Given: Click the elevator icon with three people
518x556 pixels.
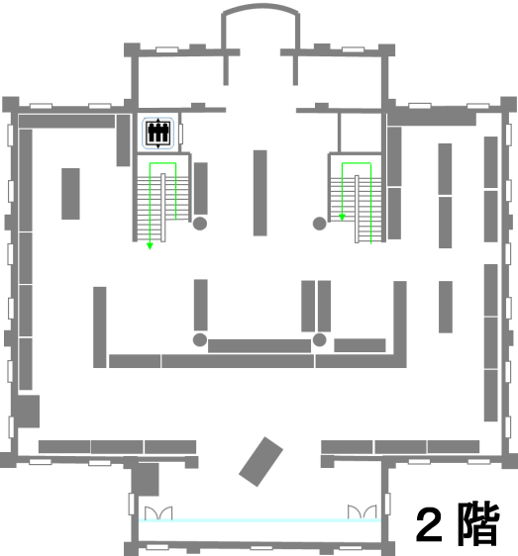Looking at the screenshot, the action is (x=158, y=133).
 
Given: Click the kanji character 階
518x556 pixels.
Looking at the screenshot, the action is (x=478, y=523).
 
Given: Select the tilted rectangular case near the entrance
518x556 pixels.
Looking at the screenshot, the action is (x=260, y=461).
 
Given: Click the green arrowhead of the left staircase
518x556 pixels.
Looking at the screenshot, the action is (x=150, y=246).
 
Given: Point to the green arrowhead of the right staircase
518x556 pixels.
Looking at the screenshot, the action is (x=342, y=218).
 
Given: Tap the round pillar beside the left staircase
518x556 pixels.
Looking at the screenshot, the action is (x=200, y=224).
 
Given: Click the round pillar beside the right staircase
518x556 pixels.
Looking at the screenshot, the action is (x=319, y=224).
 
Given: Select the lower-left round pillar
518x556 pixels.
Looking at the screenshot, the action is (x=200, y=339).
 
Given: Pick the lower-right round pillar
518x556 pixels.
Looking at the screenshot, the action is (x=319, y=339).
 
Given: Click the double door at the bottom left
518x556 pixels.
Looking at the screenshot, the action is (x=158, y=512).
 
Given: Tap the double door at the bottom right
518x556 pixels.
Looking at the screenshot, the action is (x=362, y=512).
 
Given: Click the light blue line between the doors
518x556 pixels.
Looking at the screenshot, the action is (x=259, y=520).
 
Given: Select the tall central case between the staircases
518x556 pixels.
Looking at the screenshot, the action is (x=259, y=193).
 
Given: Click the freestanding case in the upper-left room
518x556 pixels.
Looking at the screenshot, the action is (x=70, y=194).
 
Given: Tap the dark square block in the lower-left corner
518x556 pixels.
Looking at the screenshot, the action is (x=28, y=412).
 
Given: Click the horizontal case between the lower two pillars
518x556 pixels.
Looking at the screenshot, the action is (x=259, y=345).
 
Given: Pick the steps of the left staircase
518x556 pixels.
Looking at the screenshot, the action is (x=163, y=209).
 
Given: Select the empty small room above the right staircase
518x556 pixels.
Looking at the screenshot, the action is (x=361, y=133).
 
